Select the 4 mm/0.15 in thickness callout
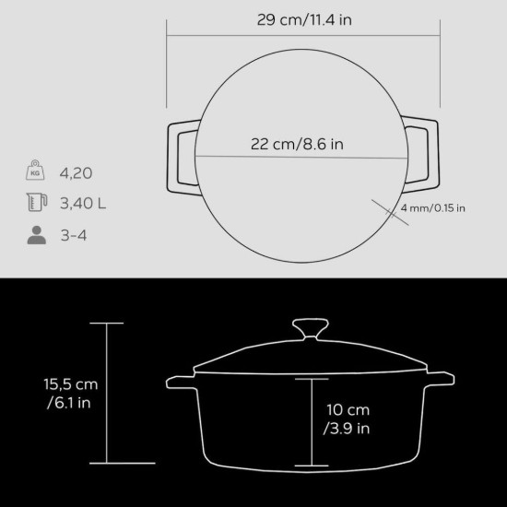(433, 207)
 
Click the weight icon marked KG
(36, 172)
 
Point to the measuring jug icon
(36, 204)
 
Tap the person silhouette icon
(36, 235)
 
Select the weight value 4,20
(77, 172)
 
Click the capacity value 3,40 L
(82, 204)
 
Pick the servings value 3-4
(75, 235)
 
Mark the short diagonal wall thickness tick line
(387, 208)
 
